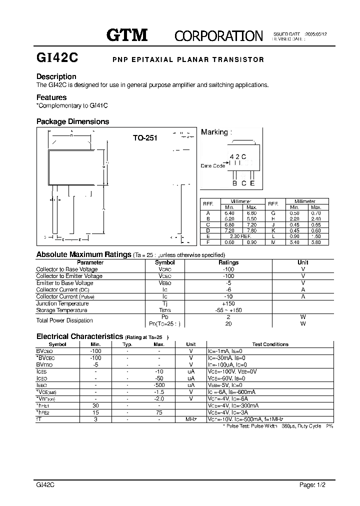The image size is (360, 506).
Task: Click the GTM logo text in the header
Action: (x=127, y=34)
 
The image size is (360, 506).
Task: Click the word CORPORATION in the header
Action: (x=218, y=35)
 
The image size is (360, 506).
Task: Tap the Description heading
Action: (x=56, y=76)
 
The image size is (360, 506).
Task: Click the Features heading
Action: (x=51, y=97)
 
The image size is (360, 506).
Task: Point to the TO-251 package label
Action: (x=145, y=138)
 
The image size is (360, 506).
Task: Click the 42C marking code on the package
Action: (x=238, y=156)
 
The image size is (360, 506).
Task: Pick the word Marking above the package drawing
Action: (x=214, y=132)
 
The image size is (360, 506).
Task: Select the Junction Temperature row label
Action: (x=62, y=303)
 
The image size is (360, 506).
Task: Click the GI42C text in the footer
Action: (x=45, y=485)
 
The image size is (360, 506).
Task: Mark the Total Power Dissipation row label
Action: (x=64, y=320)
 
